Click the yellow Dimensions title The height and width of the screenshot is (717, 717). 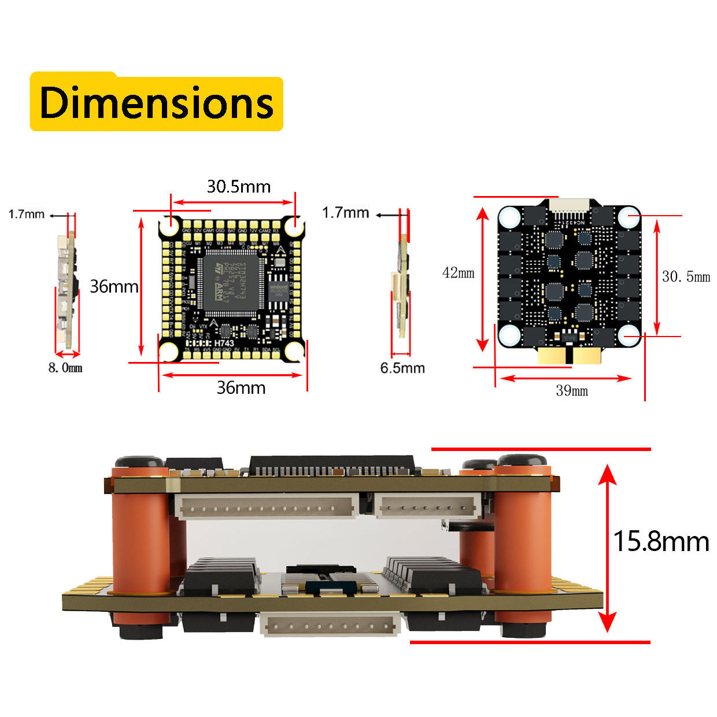click(x=156, y=103)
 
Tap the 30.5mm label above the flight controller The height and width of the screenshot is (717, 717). click(x=239, y=187)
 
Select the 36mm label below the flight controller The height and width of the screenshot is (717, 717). click(x=241, y=387)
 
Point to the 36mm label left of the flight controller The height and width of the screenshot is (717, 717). click(x=114, y=286)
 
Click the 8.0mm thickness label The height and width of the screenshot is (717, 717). click(x=65, y=368)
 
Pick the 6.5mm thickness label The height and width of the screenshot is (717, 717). click(x=402, y=368)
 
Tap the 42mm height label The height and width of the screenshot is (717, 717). click(x=458, y=273)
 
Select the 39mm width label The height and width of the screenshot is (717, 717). click(x=572, y=391)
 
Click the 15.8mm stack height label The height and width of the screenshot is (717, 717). click(x=661, y=542)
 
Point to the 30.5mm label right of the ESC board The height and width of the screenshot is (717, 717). click(x=686, y=277)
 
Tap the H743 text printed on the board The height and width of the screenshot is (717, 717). click(x=224, y=343)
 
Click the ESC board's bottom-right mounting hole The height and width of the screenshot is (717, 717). click(x=629, y=335)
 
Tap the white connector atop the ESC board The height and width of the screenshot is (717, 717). click(x=570, y=206)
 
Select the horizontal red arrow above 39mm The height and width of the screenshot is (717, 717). click(x=566, y=378)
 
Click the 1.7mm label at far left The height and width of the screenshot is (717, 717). click(x=27, y=215)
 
